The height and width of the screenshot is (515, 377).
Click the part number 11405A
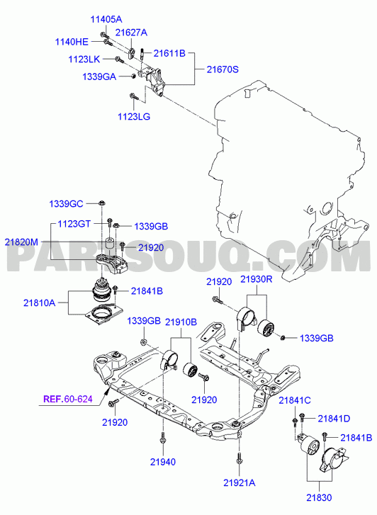click(x=106, y=19)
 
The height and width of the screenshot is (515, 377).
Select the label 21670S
click(x=223, y=69)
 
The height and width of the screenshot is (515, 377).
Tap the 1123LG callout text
click(x=134, y=116)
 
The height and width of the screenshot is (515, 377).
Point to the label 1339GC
click(x=66, y=204)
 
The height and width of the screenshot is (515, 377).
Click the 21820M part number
click(x=21, y=242)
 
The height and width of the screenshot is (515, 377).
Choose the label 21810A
click(x=39, y=302)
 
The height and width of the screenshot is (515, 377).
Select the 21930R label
click(x=257, y=279)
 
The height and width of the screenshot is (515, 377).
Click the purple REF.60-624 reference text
click(x=68, y=399)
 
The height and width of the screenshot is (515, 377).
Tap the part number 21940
click(x=163, y=462)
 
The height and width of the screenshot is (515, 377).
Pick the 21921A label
click(x=240, y=483)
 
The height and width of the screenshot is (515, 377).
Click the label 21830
click(x=319, y=497)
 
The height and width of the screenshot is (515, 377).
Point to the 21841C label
click(x=295, y=400)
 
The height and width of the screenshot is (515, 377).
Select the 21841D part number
click(x=334, y=419)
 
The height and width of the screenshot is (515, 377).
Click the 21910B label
click(x=181, y=322)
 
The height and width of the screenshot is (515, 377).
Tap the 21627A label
click(x=131, y=32)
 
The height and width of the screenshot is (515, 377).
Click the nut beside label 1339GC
click(x=102, y=203)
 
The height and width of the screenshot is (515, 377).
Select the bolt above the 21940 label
click(x=163, y=439)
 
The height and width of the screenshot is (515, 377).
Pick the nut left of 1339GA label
click(x=133, y=77)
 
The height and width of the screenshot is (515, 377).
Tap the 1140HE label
click(x=72, y=42)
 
